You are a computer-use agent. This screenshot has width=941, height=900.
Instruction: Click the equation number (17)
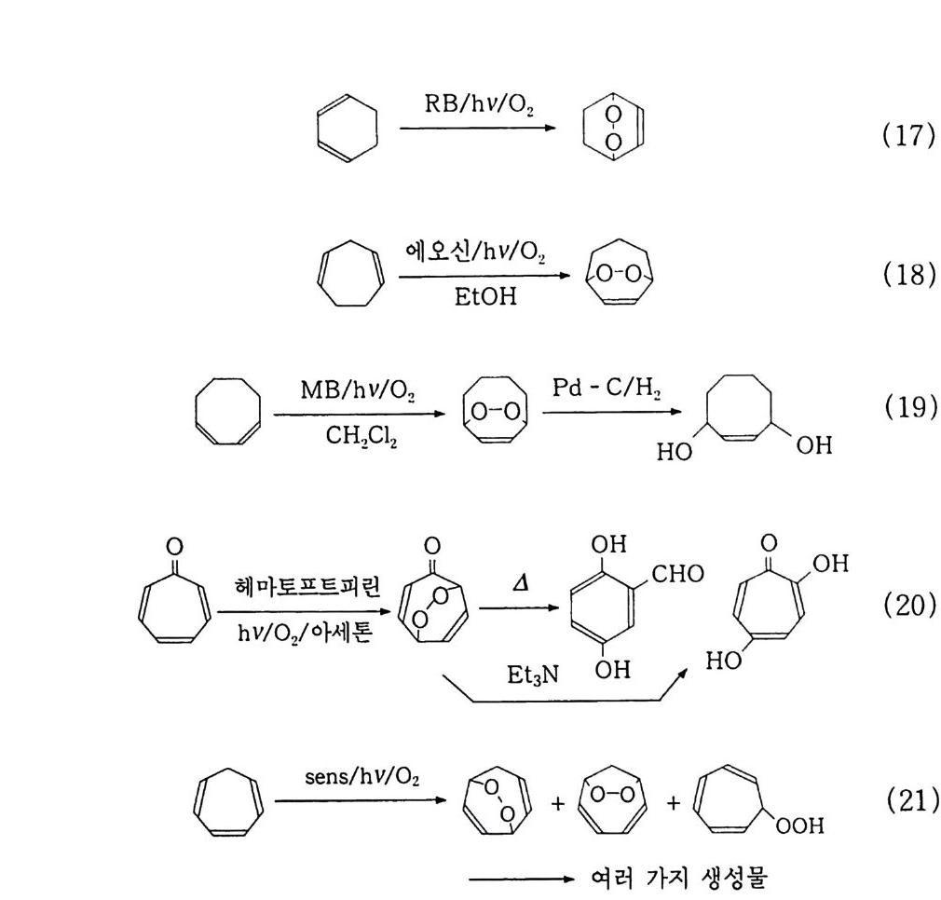[907, 136]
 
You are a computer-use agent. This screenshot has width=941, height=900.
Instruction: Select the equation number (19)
[907, 410]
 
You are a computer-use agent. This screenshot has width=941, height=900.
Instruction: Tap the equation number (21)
[907, 804]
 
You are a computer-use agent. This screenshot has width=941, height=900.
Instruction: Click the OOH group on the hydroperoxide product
[802, 826]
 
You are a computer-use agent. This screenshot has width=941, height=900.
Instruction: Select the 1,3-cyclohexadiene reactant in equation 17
[347, 129]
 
